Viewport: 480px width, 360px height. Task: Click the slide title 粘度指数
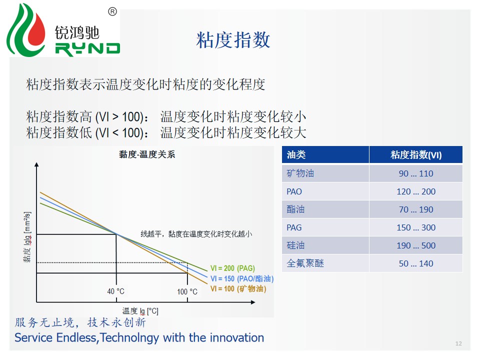coord(233,40)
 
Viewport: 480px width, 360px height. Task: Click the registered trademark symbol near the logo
coord(112,11)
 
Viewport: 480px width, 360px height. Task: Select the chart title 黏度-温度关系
coord(147,154)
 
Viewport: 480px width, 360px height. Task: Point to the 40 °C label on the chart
coord(115,291)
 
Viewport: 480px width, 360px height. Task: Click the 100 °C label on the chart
coord(187,291)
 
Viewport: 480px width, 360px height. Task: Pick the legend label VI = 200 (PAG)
coord(232,268)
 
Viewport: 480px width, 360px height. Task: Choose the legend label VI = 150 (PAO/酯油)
coord(242,278)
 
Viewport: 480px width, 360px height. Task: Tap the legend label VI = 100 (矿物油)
coord(238,288)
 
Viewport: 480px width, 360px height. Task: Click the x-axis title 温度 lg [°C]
coord(140,311)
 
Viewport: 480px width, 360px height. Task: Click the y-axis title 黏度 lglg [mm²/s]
coord(27,237)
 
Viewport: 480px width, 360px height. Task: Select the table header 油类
coord(296,154)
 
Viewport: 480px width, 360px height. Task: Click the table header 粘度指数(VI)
coord(416,155)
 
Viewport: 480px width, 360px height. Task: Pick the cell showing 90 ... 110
coord(416,173)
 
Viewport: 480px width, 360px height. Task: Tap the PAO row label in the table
coord(294,191)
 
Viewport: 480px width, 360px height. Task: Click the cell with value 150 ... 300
coord(416,227)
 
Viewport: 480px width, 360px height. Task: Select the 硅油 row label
coord(295,245)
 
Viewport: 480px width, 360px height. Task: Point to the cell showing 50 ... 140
coord(416,263)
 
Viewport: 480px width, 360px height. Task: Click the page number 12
coord(458,343)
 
